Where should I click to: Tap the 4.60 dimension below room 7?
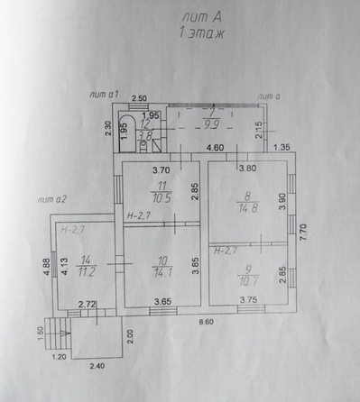215,148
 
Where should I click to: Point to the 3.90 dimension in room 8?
282,202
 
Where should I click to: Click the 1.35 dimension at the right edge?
282,148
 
